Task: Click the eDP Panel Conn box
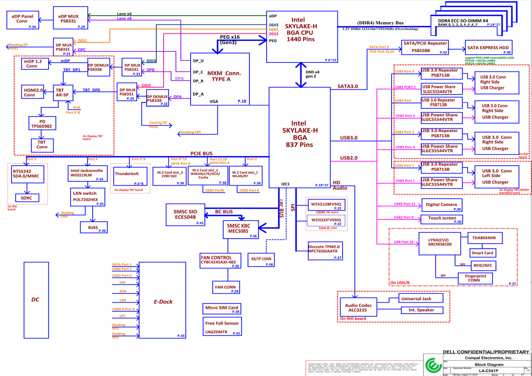pyautogui.click(x=23, y=20)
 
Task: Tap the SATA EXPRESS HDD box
pyautogui.click(x=488, y=47)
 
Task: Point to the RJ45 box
pyautogui.click(x=93, y=227)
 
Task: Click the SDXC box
pyautogui.click(x=27, y=198)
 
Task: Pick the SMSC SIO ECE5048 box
pyautogui.click(x=185, y=215)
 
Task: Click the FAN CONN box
pyautogui.click(x=225, y=287)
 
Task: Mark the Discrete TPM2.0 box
pyautogui.click(x=325, y=250)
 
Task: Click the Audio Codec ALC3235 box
pyautogui.click(x=358, y=307)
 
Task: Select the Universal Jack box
pyautogui.click(x=421, y=298)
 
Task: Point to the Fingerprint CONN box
pyautogui.click(x=475, y=278)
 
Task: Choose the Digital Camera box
pyautogui.click(x=441, y=205)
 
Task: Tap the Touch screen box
pyautogui.click(x=441, y=219)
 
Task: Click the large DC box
pyautogui.click(x=36, y=299)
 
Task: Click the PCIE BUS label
pyautogui.click(x=201, y=153)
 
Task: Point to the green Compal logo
pyautogui.click(x=433, y=365)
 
